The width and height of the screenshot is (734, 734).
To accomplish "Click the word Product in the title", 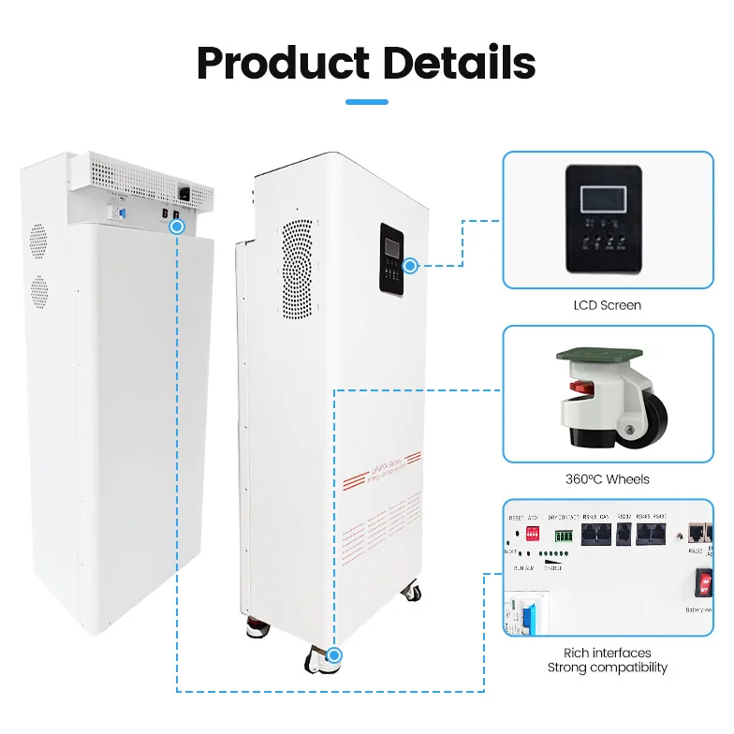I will point(283,63).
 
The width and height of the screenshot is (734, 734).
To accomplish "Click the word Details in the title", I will point(459,63).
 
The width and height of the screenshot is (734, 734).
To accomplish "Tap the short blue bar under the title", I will point(367,102).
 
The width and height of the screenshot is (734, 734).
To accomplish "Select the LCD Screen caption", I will point(608,305).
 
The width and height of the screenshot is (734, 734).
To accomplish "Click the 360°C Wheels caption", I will point(608,478).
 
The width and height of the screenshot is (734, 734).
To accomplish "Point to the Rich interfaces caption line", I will point(608,653).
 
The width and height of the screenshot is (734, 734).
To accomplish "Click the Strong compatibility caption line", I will point(608,668).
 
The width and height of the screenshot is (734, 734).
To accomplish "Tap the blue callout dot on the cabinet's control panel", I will point(410,266).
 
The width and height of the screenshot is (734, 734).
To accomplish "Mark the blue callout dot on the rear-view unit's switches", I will point(177,225).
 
